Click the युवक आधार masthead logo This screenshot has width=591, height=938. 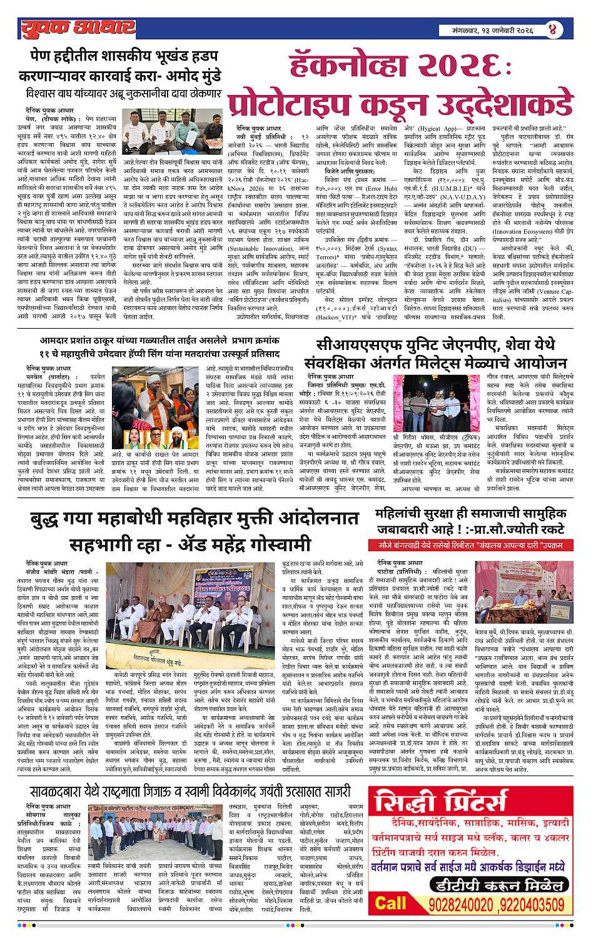pyautogui.click(x=77, y=28)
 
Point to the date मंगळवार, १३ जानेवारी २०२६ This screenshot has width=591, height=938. pyautogui.click(x=493, y=29)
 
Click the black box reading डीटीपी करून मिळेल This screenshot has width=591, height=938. pyautogui.click(x=495, y=885)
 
